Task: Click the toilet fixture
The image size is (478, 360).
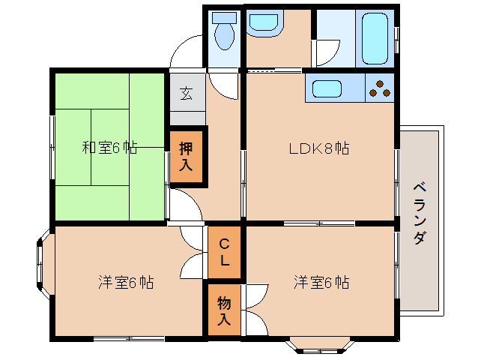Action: click(223, 31)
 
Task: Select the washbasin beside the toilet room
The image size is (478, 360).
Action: click(263, 23)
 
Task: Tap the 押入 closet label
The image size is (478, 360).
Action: click(187, 155)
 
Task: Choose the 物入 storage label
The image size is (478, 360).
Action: click(224, 310)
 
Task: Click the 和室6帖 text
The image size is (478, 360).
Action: click(109, 147)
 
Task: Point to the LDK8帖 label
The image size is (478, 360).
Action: click(319, 148)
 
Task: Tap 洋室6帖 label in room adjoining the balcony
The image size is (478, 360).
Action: click(321, 283)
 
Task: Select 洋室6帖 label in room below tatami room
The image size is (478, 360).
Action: click(126, 283)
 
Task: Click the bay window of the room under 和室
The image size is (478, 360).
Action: click(41, 263)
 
